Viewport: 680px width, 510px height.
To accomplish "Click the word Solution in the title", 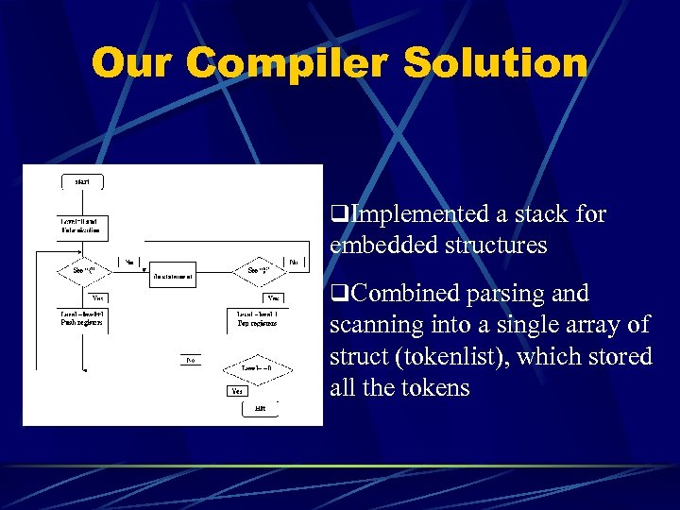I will pos(494,64).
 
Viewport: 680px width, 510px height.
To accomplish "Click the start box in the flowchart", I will pos(83,181).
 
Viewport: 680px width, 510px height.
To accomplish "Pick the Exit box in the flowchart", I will pos(260,408).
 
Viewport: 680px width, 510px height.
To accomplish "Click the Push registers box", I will pos(83,317).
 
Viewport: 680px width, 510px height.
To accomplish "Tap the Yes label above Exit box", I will pos(238,390).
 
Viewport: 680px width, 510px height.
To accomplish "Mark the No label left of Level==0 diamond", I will pos(190,360).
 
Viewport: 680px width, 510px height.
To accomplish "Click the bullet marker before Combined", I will pos(336,294).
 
